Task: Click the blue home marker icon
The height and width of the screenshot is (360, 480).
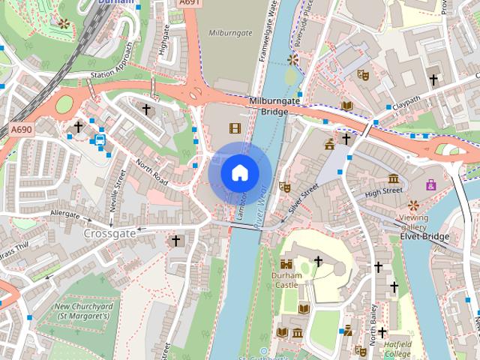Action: click(x=239, y=172)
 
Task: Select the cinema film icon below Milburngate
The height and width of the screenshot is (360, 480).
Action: click(x=235, y=128)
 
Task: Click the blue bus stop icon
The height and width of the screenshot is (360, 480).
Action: click(x=100, y=139)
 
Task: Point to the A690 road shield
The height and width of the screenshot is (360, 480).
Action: click(x=21, y=130)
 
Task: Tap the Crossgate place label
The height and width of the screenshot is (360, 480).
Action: click(x=110, y=233)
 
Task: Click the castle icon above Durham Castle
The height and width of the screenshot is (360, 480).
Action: click(x=286, y=264)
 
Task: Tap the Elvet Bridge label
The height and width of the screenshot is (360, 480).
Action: click(x=424, y=237)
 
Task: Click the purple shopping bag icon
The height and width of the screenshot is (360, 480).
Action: click(x=431, y=184)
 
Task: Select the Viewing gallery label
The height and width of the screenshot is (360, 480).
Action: click(x=413, y=222)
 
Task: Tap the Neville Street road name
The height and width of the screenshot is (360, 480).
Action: click(x=118, y=190)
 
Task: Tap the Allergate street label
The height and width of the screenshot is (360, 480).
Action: click(x=64, y=214)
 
